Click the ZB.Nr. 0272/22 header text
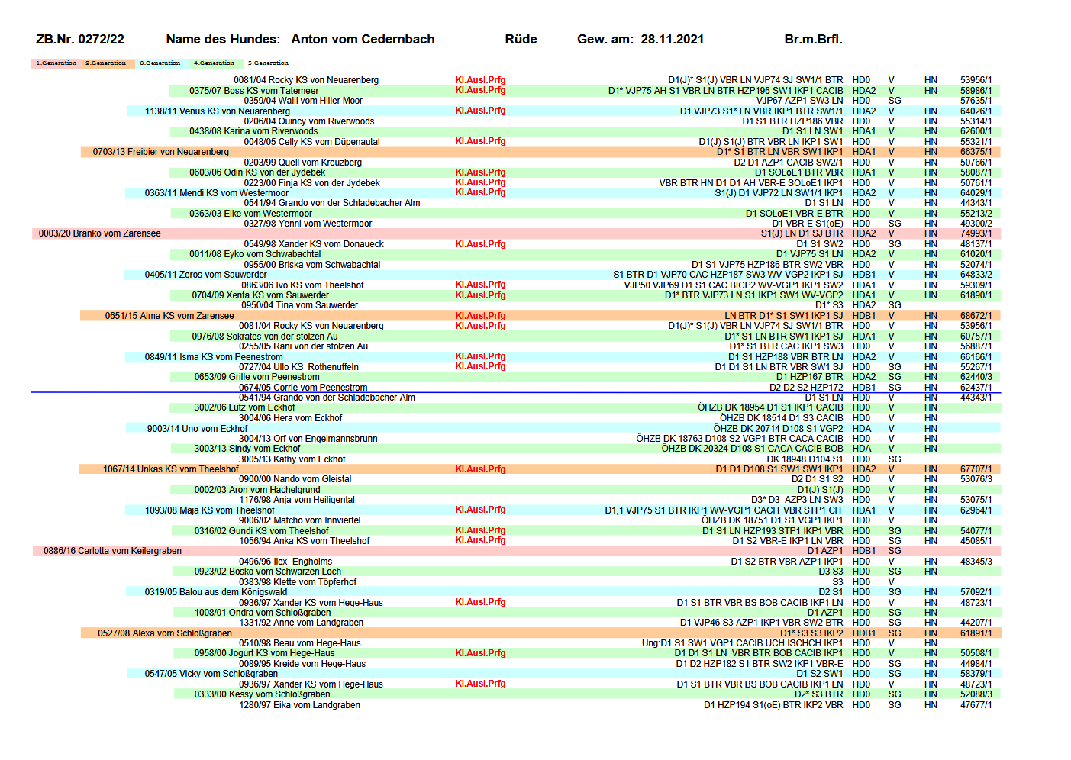[x=80, y=40]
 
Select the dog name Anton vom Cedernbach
[x=363, y=40]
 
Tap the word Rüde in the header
[x=521, y=40]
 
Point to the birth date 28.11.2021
[x=672, y=40]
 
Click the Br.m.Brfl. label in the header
[x=813, y=40]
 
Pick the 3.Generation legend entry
[x=160, y=63]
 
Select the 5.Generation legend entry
[x=268, y=63]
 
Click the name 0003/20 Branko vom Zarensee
[x=100, y=233]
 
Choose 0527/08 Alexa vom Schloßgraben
[x=165, y=633]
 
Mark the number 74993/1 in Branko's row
[x=976, y=233]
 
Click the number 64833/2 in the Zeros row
[x=976, y=275]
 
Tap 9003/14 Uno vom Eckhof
[x=197, y=429]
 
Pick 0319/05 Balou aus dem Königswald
[x=216, y=592]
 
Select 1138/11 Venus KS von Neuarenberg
[x=218, y=111]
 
